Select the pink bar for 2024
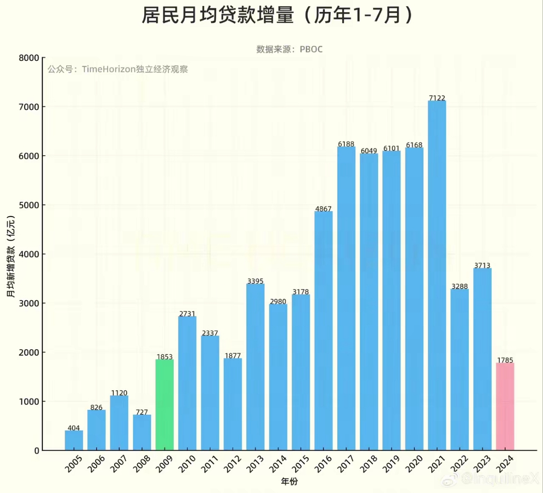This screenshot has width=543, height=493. [x=505, y=407]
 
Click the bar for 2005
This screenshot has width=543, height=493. [x=74, y=441]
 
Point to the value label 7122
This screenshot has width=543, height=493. [x=437, y=98]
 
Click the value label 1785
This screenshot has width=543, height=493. [x=505, y=360]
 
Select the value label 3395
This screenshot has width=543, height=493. [x=255, y=281]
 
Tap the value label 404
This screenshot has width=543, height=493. [x=74, y=428]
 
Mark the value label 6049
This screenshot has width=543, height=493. [x=369, y=151]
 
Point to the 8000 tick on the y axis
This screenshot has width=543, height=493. [x=29, y=58]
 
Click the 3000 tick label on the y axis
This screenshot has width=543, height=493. [x=29, y=303]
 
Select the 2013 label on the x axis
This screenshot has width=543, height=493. [x=255, y=463]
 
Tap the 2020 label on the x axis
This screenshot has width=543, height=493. [x=414, y=463]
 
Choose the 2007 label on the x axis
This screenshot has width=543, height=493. [x=119, y=463]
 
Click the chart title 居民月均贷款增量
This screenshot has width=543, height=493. [x=218, y=16]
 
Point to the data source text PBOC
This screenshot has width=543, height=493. [x=311, y=49]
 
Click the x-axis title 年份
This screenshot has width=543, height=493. [x=289, y=481]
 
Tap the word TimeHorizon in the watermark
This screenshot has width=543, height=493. [x=109, y=69]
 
